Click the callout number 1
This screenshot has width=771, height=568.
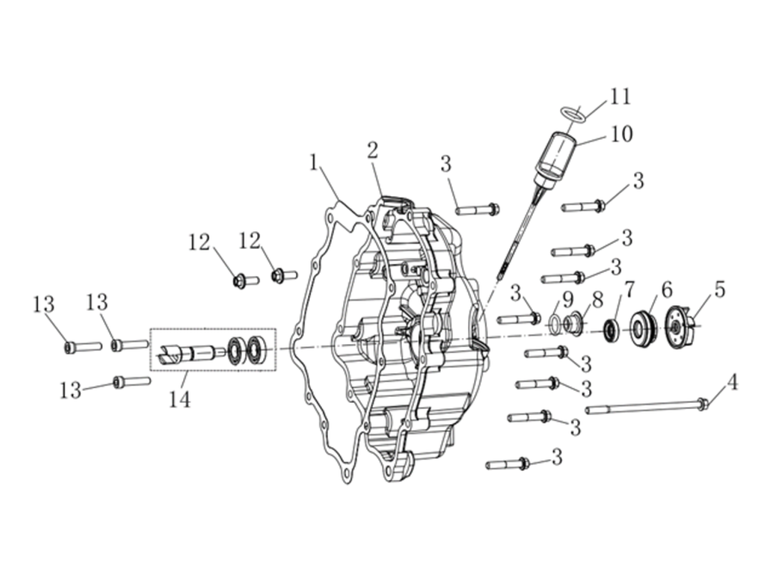pyautogui.click(x=313, y=163)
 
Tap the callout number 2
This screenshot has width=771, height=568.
pyautogui.click(x=372, y=151)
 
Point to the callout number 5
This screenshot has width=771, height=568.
pyautogui.click(x=719, y=290)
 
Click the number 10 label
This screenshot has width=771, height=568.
pyautogui.click(x=621, y=134)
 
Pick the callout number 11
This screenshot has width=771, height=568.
pyautogui.click(x=620, y=97)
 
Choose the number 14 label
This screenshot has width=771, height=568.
pyautogui.click(x=179, y=400)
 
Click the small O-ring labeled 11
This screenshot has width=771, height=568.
pyautogui.click(x=573, y=114)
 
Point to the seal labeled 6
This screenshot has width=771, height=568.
pyautogui.click(x=643, y=328)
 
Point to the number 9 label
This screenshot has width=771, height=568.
pyautogui.click(x=567, y=300)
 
